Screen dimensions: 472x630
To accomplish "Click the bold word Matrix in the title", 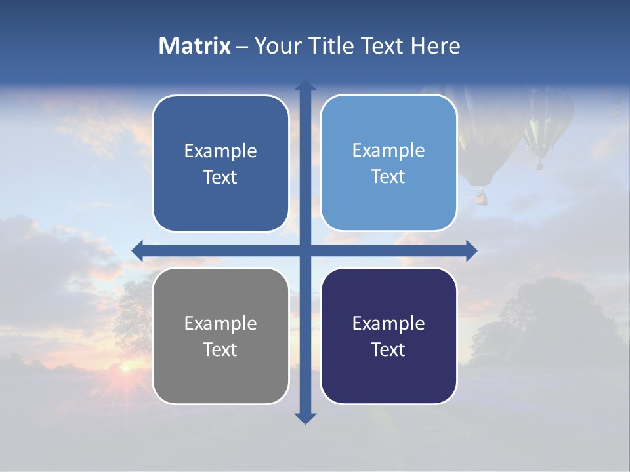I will pos(195,46).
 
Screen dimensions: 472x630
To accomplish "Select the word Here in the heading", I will pos(436,46).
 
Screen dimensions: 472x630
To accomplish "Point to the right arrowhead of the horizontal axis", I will pos(471,250).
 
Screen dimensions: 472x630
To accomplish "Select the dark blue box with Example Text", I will pos(220,164).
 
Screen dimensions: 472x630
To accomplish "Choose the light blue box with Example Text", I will pos(388,163).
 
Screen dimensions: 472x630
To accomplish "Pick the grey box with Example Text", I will pos(220,336).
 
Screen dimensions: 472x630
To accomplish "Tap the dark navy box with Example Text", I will pos(388,336).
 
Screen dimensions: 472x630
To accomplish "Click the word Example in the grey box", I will pos(220,323).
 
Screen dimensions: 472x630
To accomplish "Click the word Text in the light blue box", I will pos(388,176).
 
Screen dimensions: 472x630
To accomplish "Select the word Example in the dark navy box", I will pos(388,323).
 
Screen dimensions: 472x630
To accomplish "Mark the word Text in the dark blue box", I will pos(220,177).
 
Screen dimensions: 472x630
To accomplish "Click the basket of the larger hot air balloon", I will pos(482,196).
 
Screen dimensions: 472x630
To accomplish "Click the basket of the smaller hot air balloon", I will pos(540,165).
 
